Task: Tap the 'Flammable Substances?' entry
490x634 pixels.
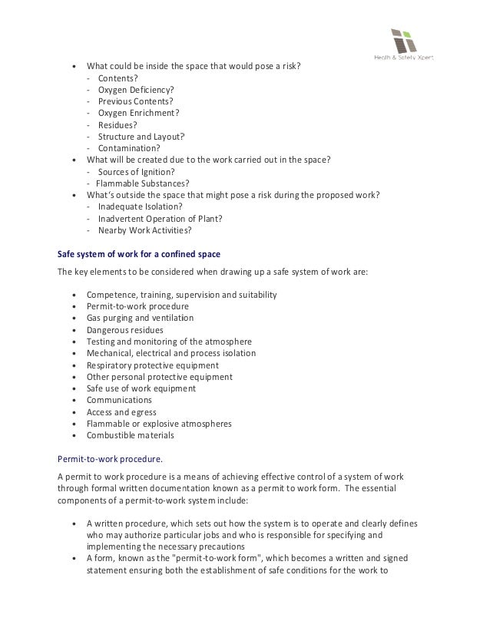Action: pyautogui.click(x=142, y=183)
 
